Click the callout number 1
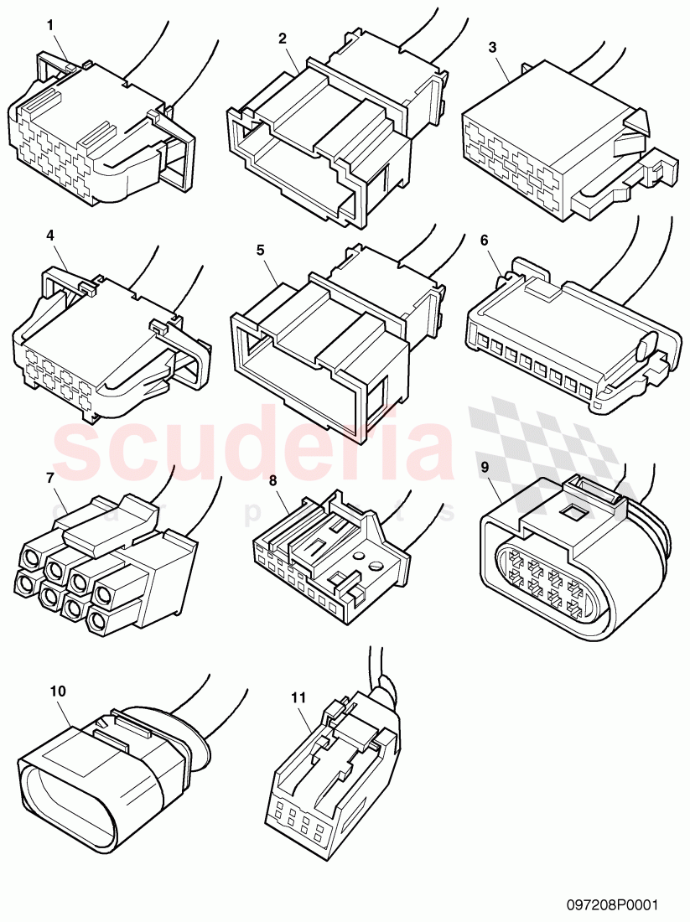[50, 26]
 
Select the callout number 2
[283, 39]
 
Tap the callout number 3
[492, 49]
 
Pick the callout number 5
[260, 250]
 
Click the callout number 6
[485, 240]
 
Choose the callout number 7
[50, 478]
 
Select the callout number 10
[58, 691]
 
